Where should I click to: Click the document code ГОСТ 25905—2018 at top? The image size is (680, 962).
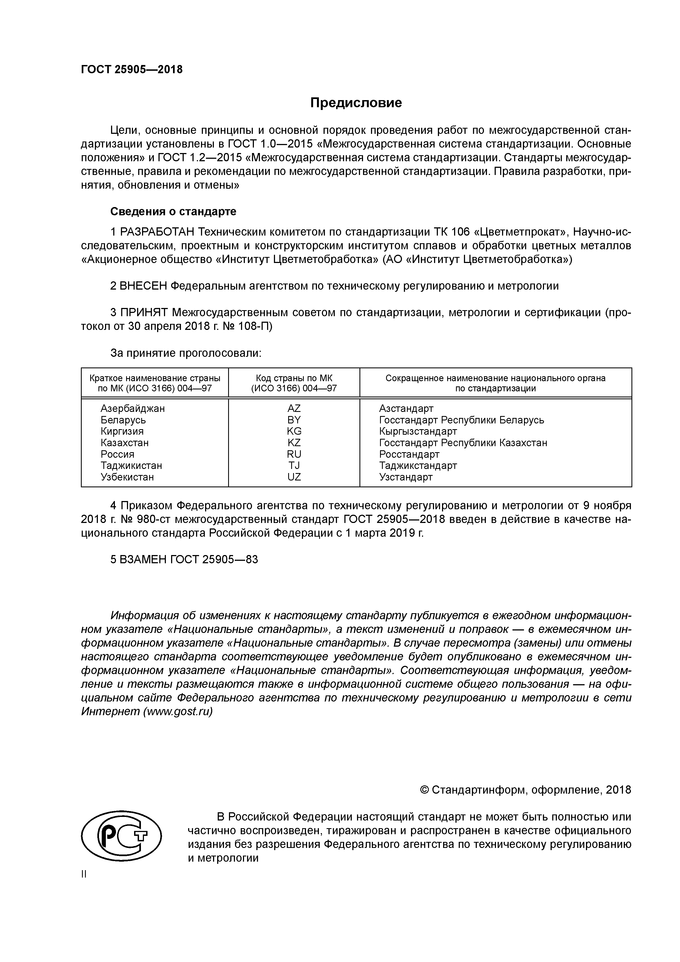(132, 70)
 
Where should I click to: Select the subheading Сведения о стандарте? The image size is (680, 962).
(173, 212)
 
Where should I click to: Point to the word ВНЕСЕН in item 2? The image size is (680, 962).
(143, 286)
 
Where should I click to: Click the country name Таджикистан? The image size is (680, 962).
(131, 465)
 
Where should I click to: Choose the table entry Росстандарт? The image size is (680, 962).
(409, 454)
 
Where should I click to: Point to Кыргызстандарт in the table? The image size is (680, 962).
(418, 431)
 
